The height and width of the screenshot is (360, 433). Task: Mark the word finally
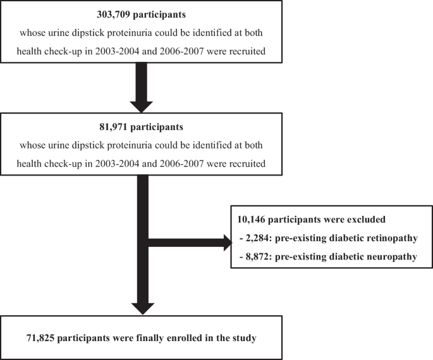pos(150,338)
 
